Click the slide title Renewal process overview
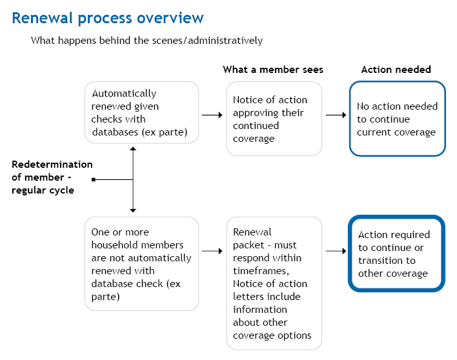pyautogui.click(x=107, y=18)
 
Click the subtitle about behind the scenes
pyautogui.click(x=147, y=41)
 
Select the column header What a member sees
pyautogui.click(x=273, y=70)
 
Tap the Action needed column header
pyautogui.click(x=396, y=70)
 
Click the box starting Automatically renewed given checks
pyautogui.click(x=141, y=112)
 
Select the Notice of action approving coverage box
pyautogui.click(x=274, y=119)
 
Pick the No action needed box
pyautogui.click(x=397, y=119)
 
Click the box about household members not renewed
pyautogui.click(x=141, y=264)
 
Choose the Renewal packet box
pyautogui.click(x=274, y=283)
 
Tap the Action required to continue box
pyautogui.click(x=396, y=254)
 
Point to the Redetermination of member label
pyautogui.click(x=51, y=177)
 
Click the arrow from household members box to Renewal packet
pyautogui.click(x=212, y=250)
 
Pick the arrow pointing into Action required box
pyautogui.click(x=336, y=250)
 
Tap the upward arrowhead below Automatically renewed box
pyautogui.click(x=133, y=149)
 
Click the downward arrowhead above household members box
pyautogui.click(x=133, y=209)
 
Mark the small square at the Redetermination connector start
pyautogui.click(x=94, y=179)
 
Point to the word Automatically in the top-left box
pyautogui.click(x=124, y=94)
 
